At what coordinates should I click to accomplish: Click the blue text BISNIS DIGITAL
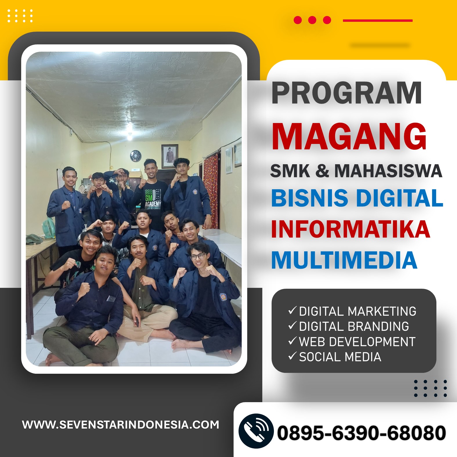[x=357, y=198]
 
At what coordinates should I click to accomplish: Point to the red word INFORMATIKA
[x=351, y=229]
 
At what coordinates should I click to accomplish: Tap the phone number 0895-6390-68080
[x=362, y=433]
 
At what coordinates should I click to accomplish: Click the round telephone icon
[x=256, y=431]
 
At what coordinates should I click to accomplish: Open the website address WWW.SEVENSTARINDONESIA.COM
[x=121, y=425]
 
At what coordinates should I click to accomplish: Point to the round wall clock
[x=136, y=156]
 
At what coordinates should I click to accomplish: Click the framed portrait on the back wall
[x=170, y=156]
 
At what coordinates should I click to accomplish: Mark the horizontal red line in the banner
[x=377, y=21]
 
